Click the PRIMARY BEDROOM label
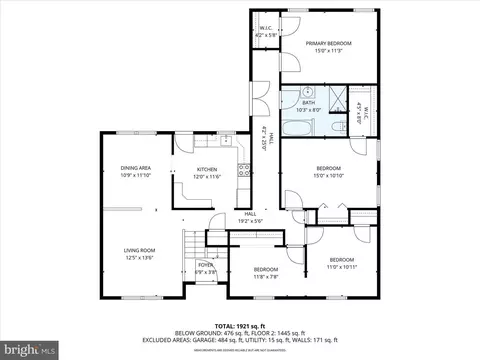pyautogui.click(x=330, y=43)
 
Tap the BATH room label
pyautogui.click(x=309, y=102)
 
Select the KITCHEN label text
pyautogui.click(x=207, y=169)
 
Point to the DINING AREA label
pyautogui.click(x=136, y=167)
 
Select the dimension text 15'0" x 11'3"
pyautogui.click(x=330, y=50)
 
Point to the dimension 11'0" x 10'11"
pyautogui.click(x=342, y=267)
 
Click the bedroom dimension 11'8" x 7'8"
pyautogui.click(x=265, y=276)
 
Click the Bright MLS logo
pyautogui.click(x=25, y=348)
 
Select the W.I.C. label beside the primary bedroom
pyautogui.click(x=264, y=29)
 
